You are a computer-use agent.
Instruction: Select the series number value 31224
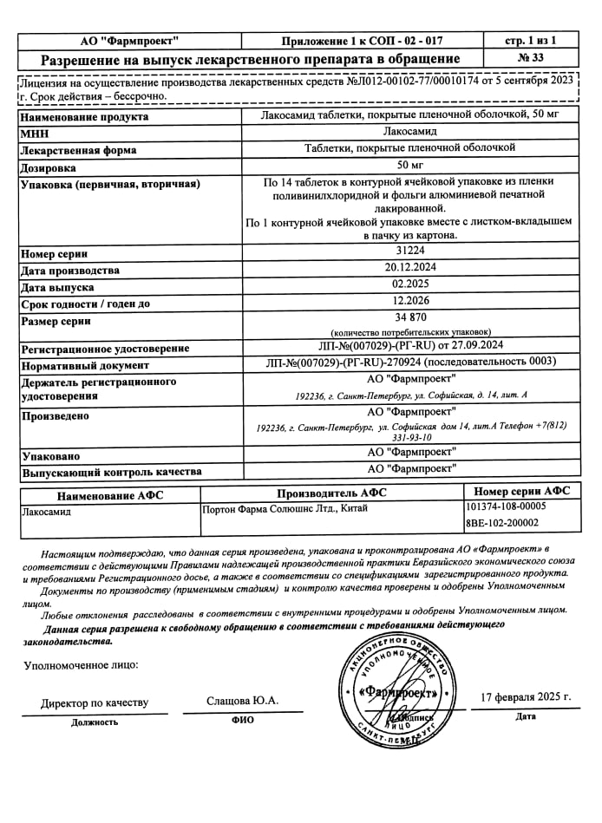pos(410,252)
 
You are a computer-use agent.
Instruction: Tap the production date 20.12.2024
pos(410,269)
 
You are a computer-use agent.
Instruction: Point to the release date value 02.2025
pos(410,286)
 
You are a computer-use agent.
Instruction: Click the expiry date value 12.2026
pos(410,303)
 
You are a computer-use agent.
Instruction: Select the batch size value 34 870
pos(410,318)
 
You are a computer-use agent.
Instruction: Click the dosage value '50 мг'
pos(410,166)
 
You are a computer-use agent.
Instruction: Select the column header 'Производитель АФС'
pos(331,493)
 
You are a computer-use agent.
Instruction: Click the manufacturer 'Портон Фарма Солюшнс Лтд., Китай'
pos(284,508)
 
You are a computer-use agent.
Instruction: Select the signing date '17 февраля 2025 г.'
pos(526,696)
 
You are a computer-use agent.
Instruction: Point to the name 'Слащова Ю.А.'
pos(243,701)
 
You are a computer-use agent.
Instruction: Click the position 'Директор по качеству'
pos(95,702)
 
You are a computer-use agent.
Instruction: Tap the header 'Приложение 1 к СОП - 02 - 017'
pos(362,40)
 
